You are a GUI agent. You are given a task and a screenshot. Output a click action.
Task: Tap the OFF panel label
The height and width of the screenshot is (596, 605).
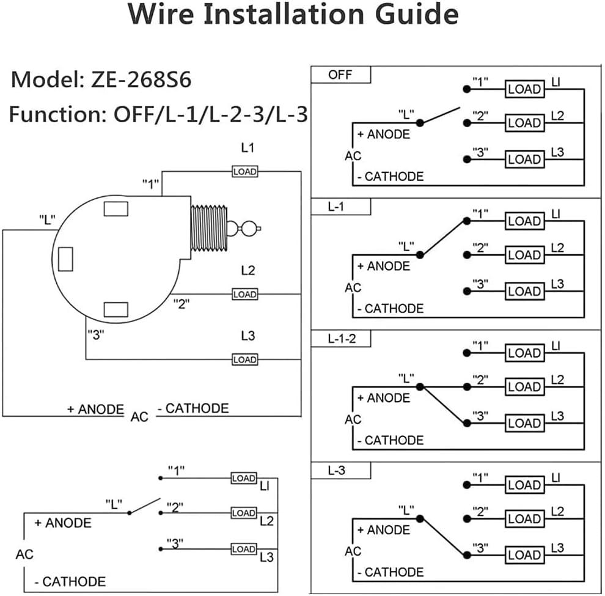340,75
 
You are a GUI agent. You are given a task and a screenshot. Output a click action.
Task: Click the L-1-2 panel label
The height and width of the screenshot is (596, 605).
342,338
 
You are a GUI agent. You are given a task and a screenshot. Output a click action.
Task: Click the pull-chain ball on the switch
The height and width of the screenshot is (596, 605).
249,229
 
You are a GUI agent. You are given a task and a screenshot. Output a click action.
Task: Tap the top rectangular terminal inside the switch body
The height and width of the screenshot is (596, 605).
116,208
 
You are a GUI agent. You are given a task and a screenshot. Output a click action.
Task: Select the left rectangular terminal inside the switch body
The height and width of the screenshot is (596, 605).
65,259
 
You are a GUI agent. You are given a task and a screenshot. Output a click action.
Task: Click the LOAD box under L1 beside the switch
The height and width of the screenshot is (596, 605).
244,172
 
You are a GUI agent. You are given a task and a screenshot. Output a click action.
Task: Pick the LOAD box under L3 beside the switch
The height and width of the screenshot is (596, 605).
244,359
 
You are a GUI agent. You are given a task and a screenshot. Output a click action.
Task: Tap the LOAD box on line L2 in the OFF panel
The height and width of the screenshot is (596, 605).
524,123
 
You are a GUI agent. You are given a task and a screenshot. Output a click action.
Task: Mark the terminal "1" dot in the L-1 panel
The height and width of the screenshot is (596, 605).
466,221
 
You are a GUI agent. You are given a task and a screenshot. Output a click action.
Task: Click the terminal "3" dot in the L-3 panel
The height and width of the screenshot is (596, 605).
466,555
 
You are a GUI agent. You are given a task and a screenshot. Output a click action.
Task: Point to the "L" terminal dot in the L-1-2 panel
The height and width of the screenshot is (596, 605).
419,386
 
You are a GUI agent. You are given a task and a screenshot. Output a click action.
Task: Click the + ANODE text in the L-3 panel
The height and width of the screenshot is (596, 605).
384,529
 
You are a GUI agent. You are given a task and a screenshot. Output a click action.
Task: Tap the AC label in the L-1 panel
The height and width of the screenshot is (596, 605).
353,287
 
